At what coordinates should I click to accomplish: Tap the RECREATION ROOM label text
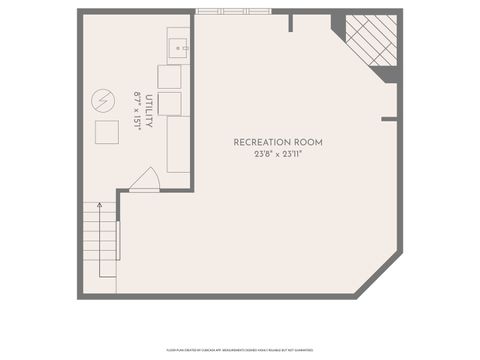coord(278,143)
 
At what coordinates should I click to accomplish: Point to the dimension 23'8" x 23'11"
coord(278,154)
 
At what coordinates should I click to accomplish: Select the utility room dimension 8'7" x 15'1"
coord(137,110)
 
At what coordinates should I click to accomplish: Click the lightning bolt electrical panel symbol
coord(103,100)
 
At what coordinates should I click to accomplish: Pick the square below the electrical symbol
coord(106,132)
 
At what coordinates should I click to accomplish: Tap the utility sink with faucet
coord(177,45)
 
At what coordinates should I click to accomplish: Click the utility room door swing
coord(144,180)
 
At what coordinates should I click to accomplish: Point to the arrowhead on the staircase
coord(99,205)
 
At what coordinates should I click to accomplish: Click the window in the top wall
coord(233,11)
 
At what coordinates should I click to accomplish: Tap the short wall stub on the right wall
coord(389,119)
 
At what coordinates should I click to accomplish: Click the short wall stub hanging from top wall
coord(290,22)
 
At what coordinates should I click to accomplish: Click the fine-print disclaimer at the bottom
coord(240,351)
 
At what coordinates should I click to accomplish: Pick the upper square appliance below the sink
coord(169,77)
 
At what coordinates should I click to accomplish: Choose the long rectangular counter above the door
coord(178,144)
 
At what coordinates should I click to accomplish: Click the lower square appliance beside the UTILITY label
coord(169,104)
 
